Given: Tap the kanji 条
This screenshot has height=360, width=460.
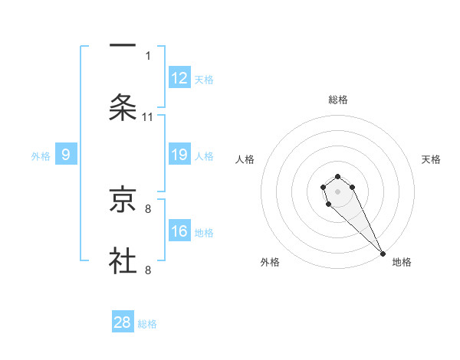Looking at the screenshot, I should pyautogui.click(x=123, y=107).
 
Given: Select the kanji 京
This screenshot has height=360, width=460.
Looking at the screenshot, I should pyautogui.click(x=123, y=199).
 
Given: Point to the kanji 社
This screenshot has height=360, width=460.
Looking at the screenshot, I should pyautogui.click(x=123, y=260).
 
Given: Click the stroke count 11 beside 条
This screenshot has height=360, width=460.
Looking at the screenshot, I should pyautogui.click(x=148, y=116).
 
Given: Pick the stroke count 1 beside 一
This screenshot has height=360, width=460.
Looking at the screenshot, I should pyautogui.click(x=148, y=55).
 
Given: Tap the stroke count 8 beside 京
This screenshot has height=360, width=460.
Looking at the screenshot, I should pyautogui.click(x=148, y=208).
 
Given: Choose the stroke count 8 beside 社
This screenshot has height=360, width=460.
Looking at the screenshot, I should pyautogui.click(x=148, y=270).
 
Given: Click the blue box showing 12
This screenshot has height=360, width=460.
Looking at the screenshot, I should pyautogui.click(x=179, y=77).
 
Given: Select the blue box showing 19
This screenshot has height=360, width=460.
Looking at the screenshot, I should pyautogui.click(x=179, y=155).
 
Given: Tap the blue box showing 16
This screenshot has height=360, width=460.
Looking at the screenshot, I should pyautogui.click(x=179, y=231).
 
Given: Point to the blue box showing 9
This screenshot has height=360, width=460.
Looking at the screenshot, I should pyautogui.click(x=66, y=155).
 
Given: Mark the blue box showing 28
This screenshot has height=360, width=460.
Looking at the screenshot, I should pyautogui.click(x=123, y=322).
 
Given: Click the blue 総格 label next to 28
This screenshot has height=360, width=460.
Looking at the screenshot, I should pyautogui.click(x=147, y=324).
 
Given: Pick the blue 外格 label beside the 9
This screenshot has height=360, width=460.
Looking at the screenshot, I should pyautogui.click(x=41, y=156).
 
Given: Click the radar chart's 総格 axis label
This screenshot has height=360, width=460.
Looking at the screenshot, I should pyautogui.click(x=338, y=100).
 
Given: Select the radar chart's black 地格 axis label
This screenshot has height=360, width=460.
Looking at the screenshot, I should pyautogui.click(x=402, y=262).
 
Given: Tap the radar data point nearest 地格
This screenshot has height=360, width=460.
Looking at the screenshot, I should pyautogui.click(x=383, y=254).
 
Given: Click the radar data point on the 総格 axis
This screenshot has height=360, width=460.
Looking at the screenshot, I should pyautogui.click(x=338, y=175).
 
